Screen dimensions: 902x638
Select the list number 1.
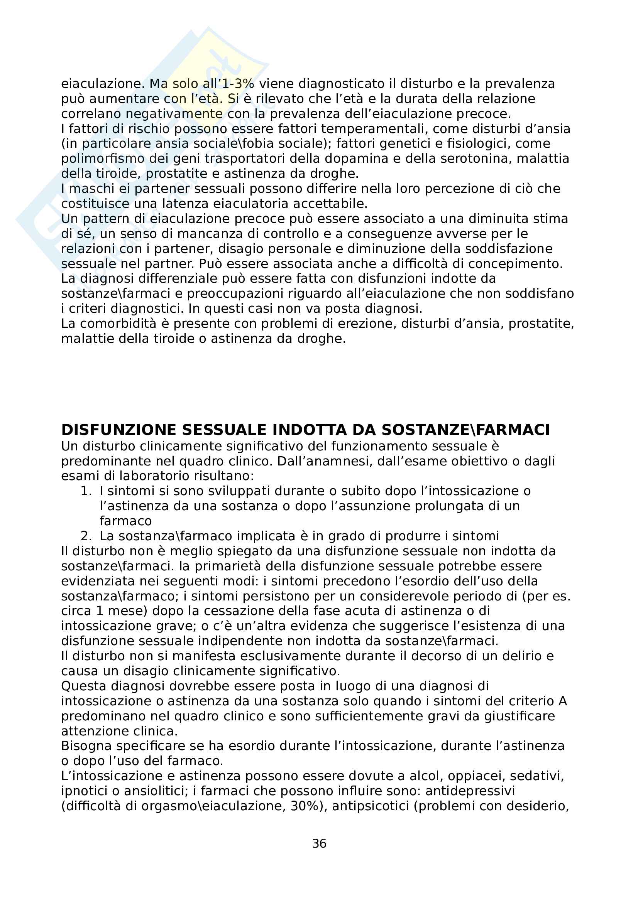[x=86, y=491]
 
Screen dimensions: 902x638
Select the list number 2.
[x=86, y=536]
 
